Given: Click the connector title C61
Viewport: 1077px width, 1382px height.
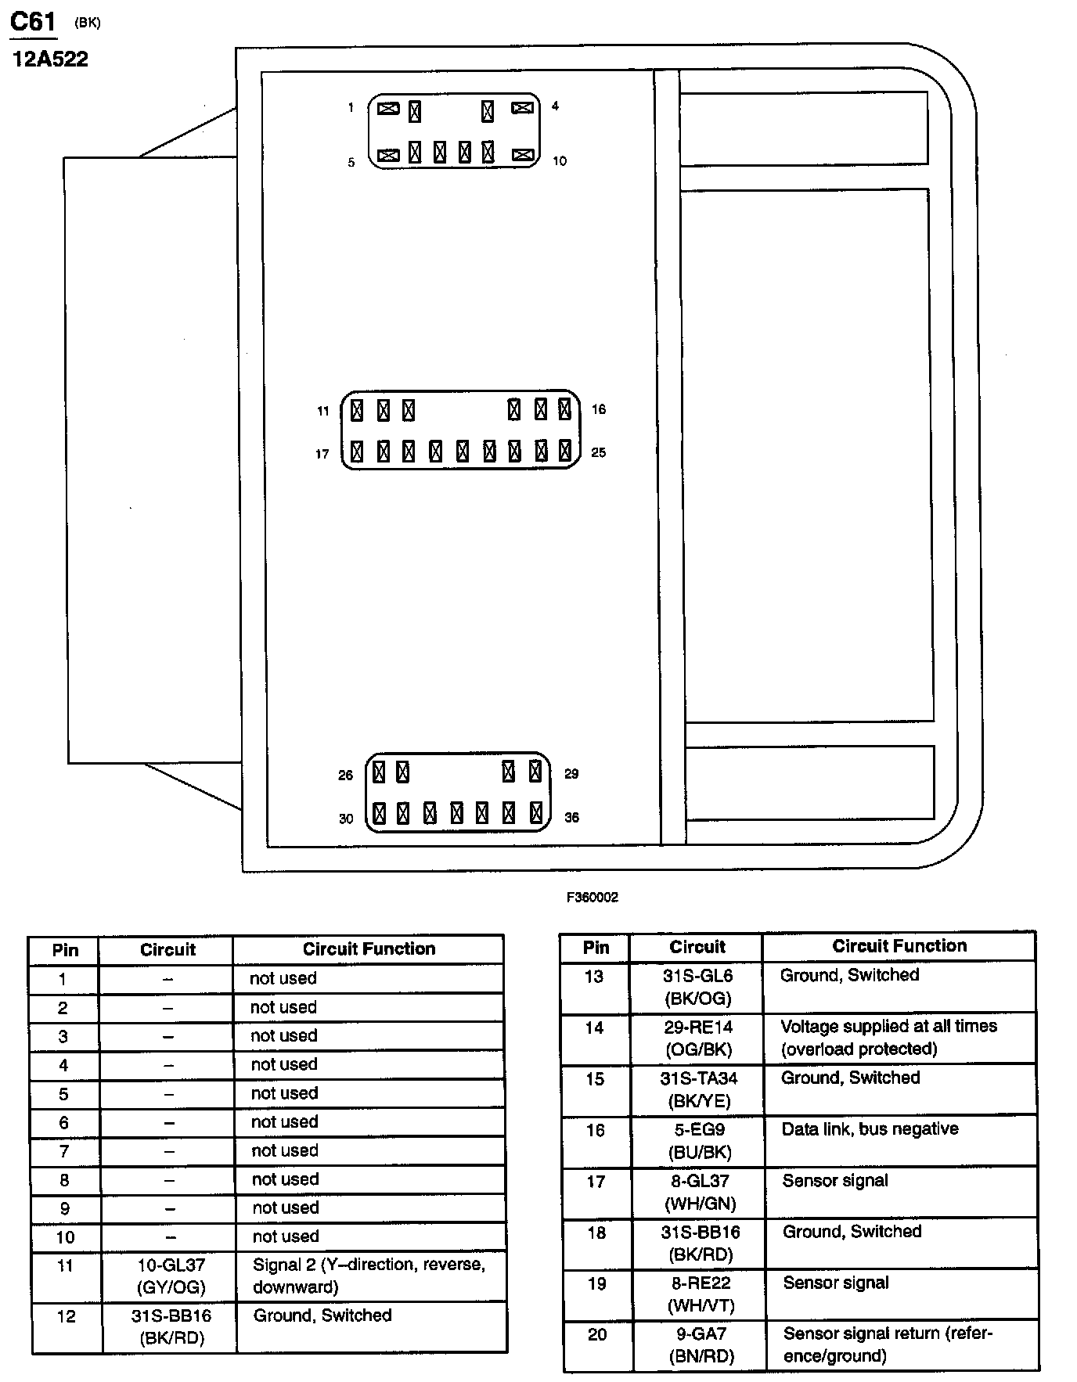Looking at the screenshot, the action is (33, 21).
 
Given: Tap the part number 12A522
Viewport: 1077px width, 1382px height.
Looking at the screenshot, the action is (50, 59).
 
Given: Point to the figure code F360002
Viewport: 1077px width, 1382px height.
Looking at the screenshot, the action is (593, 898).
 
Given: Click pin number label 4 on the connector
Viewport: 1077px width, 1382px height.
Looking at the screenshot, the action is (555, 106).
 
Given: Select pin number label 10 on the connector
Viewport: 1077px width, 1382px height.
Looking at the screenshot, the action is (559, 161).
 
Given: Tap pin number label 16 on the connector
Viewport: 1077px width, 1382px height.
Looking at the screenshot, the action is (599, 409).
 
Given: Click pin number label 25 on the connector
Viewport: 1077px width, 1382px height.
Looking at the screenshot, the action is (599, 452).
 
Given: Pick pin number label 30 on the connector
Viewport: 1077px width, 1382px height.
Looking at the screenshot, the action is (346, 819).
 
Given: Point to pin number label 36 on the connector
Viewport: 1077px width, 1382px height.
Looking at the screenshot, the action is (572, 818).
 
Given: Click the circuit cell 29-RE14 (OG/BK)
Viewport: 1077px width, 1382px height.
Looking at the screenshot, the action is (698, 1038).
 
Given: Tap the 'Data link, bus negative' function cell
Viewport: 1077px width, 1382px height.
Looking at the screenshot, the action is (870, 1129).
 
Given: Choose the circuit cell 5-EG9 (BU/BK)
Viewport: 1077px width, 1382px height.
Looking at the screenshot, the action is (699, 1141).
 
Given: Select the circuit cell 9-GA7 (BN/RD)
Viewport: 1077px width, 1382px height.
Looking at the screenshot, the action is (701, 1345).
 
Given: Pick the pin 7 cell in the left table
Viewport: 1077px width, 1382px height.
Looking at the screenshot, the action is (64, 1151).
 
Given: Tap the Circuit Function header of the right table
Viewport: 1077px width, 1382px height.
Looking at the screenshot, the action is (899, 946).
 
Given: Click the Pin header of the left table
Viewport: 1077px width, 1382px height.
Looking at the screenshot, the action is (65, 950).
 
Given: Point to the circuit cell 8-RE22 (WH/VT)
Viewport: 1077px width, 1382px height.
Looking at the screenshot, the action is (701, 1294).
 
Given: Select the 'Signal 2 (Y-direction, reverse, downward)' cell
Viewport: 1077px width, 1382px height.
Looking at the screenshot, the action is (369, 1276).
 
